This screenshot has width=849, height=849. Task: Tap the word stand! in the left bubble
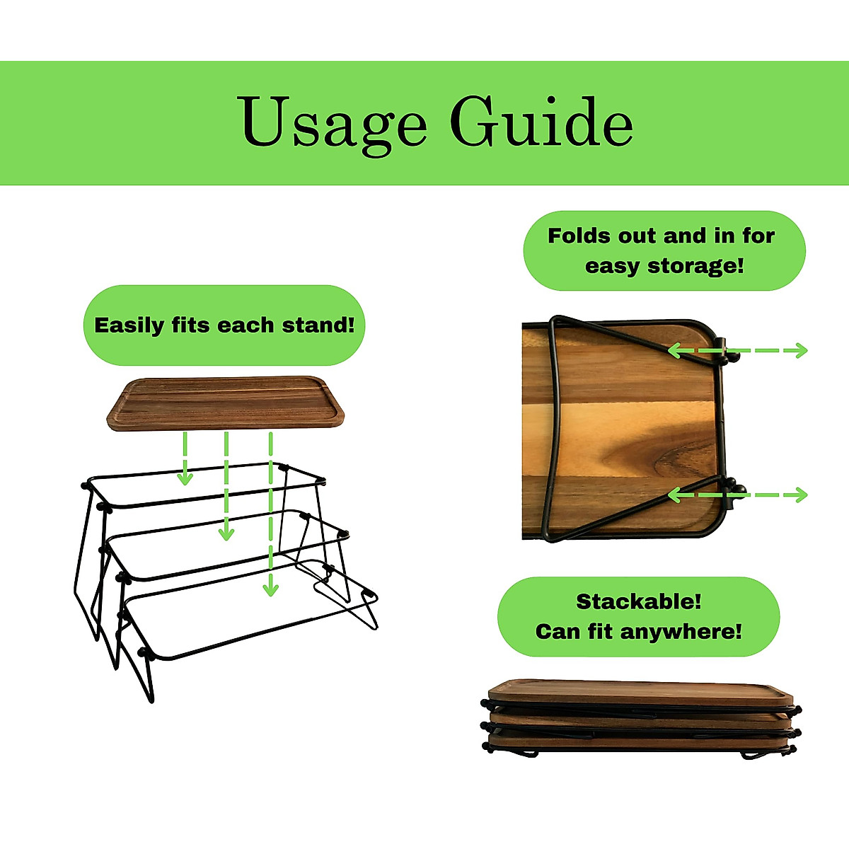click(318, 325)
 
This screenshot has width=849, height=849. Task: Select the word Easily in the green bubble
click(129, 326)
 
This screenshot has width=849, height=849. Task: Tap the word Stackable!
click(638, 602)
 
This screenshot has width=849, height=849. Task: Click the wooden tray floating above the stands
click(225, 403)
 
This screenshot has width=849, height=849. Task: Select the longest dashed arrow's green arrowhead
click(270, 589)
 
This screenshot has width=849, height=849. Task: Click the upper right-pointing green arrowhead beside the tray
click(802, 351)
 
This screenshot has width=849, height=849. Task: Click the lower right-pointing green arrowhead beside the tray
click(802, 495)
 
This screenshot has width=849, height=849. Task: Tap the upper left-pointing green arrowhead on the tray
click(674, 351)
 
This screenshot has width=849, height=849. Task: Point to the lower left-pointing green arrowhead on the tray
click(674, 495)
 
